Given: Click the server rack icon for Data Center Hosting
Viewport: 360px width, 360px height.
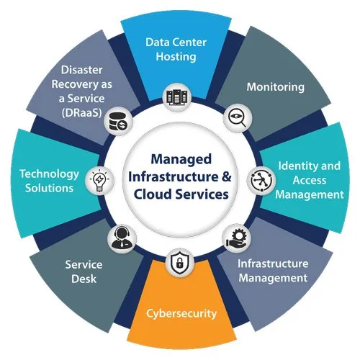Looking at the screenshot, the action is tap(177, 97).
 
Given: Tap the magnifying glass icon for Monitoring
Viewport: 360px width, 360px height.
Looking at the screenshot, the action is tap(238, 118).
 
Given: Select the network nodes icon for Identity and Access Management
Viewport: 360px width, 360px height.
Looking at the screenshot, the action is tap(261, 181).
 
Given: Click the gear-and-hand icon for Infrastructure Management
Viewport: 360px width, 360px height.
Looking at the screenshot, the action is tap(237, 238).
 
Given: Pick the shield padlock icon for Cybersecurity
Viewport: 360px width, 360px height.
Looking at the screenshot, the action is tap(179, 262).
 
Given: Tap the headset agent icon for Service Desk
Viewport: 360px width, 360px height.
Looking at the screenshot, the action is tap(122, 238).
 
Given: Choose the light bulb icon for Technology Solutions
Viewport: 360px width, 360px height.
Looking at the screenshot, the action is tap(99, 180).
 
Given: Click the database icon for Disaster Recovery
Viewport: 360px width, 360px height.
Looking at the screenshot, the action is tap(118, 122).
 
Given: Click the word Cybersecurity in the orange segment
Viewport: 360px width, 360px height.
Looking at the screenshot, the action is tap(181, 314).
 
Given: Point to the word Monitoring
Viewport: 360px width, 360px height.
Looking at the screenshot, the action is tap(276, 87).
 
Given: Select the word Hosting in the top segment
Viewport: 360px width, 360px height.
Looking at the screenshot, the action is tap(176, 57).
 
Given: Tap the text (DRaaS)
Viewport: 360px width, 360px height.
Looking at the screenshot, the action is tap(82, 113).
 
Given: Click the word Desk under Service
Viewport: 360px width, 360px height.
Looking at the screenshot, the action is tap(84, 279).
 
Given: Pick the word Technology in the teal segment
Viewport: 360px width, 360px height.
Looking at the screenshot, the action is tap(49, 174).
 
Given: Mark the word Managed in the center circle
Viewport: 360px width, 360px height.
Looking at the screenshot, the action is tap(181, 160).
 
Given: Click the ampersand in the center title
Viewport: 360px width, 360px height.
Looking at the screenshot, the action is tap(226, 176).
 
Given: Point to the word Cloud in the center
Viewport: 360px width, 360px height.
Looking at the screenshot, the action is tap(153, 194).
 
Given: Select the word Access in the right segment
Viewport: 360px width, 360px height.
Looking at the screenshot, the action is tap(310, 180).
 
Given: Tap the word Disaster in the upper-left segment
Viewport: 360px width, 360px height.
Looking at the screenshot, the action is tap(82, 70).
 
